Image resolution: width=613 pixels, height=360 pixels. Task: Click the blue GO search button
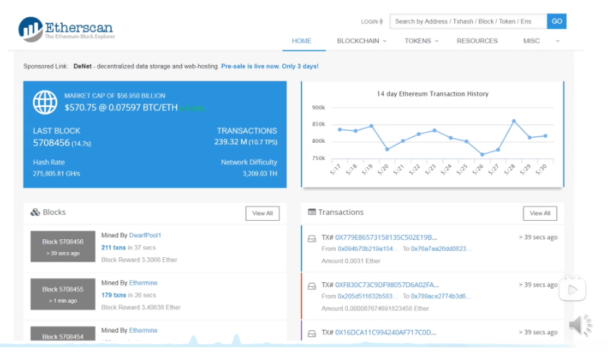[x=557, y=21]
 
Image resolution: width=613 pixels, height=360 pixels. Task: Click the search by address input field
[x=468, y=21]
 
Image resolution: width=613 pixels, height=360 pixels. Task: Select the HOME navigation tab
[x=301, y=41]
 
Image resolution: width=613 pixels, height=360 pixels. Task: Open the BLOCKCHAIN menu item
[x=361, y=41]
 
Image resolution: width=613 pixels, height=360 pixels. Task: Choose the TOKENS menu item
[x=422, y=41]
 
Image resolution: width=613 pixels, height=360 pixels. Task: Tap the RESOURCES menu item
[x=477, y=41]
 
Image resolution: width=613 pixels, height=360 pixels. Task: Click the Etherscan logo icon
[x=31, y=29]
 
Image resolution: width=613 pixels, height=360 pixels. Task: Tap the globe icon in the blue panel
[x=44, y=102]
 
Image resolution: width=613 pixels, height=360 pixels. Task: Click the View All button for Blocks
[x=262, y=213]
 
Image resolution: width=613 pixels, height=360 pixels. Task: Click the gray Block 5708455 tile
[x=62, y=294]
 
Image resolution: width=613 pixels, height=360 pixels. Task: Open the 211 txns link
[x=114, y=247]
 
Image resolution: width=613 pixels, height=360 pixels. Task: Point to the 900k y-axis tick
[x=319, y=108]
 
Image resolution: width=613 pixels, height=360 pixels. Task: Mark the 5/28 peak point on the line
[x=514, y=121]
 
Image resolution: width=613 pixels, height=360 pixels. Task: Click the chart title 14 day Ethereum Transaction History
[x=432, y=94]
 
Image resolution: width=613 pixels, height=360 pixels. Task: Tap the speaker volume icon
[x=580, y=325]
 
